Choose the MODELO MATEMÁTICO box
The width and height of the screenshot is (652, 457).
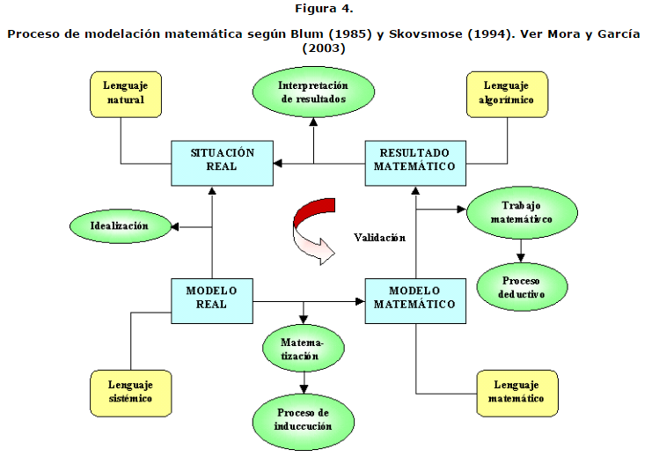pos(414,299)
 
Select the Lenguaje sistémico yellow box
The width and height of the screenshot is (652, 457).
pos(130,392)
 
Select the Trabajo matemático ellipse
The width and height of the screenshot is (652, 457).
pos(521,210)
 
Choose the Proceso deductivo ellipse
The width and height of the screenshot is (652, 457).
pos(521,286)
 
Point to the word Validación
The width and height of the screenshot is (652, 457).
pos(379,238)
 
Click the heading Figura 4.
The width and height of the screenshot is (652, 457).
pos(325,10)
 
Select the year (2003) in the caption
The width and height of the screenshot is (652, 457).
pos(325,48)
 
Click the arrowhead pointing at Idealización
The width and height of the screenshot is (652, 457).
pos(175,227)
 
